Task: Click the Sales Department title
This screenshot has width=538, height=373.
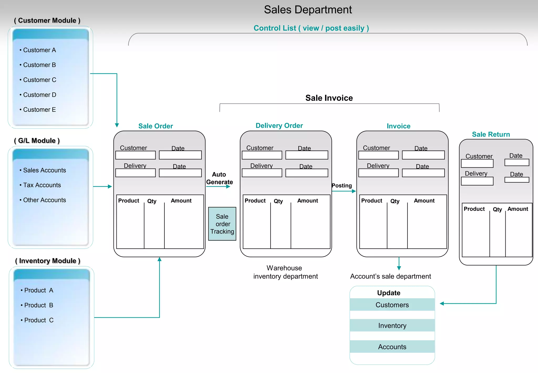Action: (x=308, y=10)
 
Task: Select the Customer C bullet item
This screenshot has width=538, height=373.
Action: (x=39, y=80)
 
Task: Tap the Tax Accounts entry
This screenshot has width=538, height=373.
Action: (x=42, y=185)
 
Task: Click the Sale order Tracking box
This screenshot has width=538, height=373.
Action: (x=222, y=224)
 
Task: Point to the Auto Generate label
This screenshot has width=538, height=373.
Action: (x=219, y=178)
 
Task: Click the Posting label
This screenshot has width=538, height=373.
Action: (x=342, y=185)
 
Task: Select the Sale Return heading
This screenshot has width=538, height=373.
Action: (x=491, y=134)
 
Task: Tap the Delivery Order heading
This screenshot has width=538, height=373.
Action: (x=279, y=125)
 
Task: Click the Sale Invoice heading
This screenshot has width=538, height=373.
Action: (x=329, y=98)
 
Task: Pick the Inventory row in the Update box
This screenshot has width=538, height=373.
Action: (x=392, y=326)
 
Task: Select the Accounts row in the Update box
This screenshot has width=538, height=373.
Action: (x=392, y=347)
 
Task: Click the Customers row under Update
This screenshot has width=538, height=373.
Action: (x=392, y=305)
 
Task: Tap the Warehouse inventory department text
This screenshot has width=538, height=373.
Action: (x=285, y=272)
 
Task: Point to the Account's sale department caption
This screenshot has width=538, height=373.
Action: (x=390, y=276)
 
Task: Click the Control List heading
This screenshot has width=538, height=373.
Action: (x=311, y=28)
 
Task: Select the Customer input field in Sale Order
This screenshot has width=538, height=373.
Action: (x=136, y=155)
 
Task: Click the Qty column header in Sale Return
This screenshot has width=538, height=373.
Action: (x=497, y=209)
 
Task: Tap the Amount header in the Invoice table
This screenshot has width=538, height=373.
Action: (x=424, y=201)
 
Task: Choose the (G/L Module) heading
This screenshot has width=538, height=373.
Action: (x=37, y=141)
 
